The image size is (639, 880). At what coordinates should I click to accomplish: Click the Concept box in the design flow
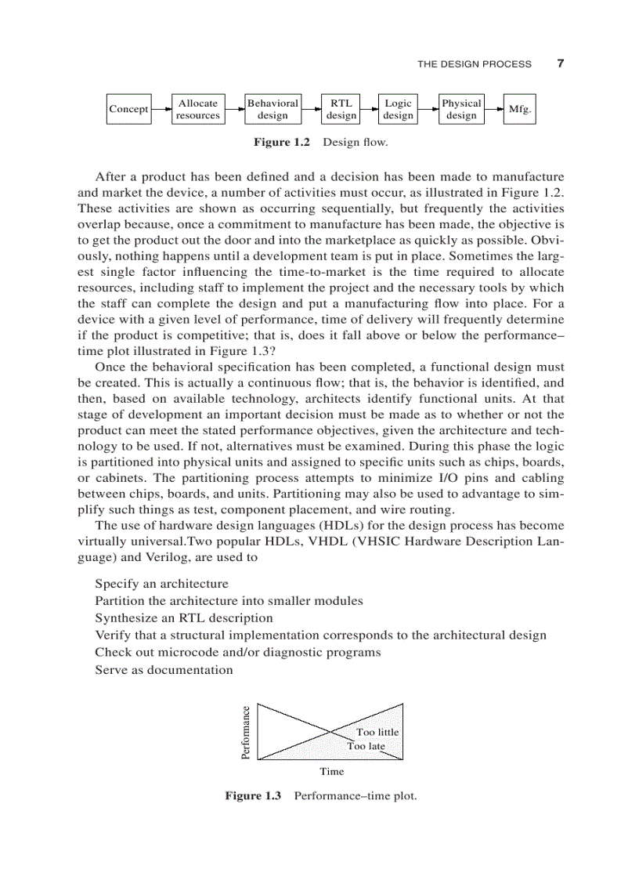pos(128,110)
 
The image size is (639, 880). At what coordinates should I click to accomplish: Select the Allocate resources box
pos(198,110)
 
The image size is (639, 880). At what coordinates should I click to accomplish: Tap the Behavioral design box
pos(273,110)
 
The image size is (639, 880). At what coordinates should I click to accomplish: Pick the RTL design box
pos(341,110)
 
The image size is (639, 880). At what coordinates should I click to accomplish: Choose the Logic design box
pos(398,110)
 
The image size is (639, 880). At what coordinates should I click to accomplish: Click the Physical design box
pos(461,110)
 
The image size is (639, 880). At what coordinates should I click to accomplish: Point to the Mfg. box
pos(520,110)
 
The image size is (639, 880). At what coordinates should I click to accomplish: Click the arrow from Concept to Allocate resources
pos(161,110)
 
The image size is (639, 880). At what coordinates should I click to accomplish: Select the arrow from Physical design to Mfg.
pos(493,110)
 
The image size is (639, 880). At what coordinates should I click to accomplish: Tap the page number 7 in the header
pos(560,64)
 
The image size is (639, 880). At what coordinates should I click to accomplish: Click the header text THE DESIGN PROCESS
pos(474,64)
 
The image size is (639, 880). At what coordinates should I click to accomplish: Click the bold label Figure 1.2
pos(281,143)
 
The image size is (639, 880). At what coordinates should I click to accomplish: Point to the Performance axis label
pos(245,733)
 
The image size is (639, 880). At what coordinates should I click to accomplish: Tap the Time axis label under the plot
pos(331,772)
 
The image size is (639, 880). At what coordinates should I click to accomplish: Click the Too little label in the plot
pos(377,732)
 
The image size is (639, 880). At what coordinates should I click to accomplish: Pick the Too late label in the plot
pos(366,746)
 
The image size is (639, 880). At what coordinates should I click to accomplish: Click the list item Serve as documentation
pos(164,670)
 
